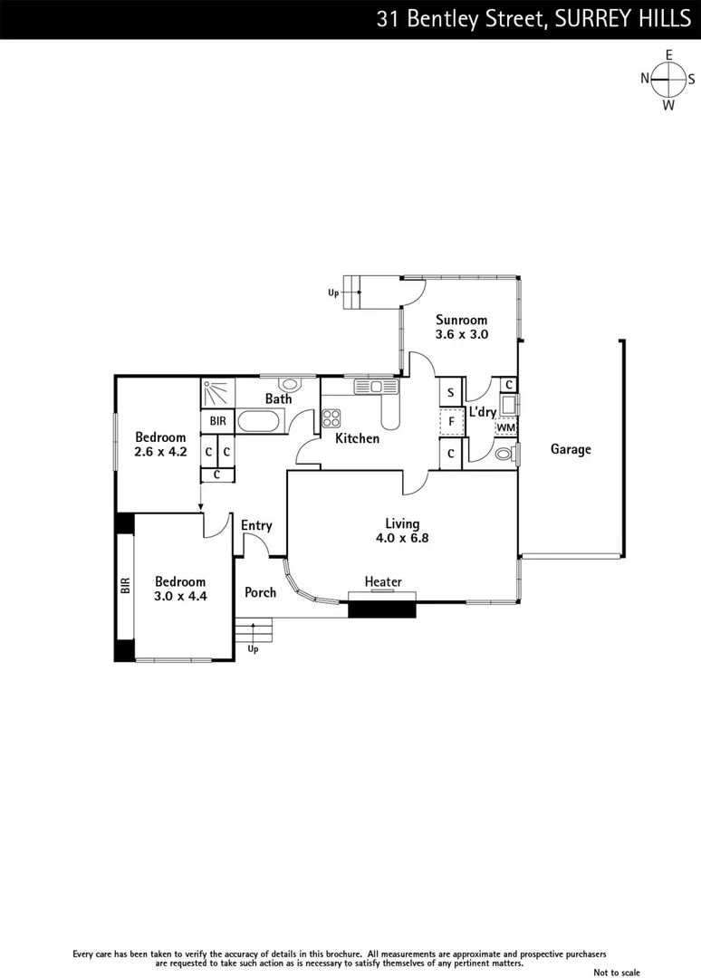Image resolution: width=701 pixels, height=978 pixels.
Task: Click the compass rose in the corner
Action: pyautogui.click(x=668, y=80)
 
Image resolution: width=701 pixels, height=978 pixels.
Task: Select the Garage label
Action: pyautogui.click(x=571, y=449)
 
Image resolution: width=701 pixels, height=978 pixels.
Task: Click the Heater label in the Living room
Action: pyautogui.click(x=383, y=581)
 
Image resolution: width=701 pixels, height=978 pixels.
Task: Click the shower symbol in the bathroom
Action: pyautogui.click(x=217, y=394)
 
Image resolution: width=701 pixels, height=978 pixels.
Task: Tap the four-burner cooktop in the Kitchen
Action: pyautogui.click(x=331, y=418)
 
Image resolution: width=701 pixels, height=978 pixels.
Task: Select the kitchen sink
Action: pyautogui.click(x=370, y=387)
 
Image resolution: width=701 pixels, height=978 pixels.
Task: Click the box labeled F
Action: pyautogui.click(x=451, y=422)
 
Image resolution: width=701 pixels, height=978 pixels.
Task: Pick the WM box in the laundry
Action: pyautogui.click(x=506, y=427)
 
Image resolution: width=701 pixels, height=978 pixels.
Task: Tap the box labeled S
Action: pyautogui.click(x=451, y=393)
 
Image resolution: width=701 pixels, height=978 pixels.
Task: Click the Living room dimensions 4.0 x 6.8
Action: pyautogui.click(x=402, y=538)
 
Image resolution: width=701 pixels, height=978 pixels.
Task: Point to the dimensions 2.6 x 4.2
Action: pyautogui.click(x=160, y=452)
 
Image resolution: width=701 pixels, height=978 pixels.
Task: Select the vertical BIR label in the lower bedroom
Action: pyautogui.click(x=125, y=586)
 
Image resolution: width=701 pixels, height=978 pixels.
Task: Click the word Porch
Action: pyautogui.click(x=261, y=593)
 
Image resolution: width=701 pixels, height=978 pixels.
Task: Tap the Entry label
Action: pyautogui.click(x=256, y=525)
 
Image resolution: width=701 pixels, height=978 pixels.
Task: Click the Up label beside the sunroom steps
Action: pyautogui.click(x=333, y=293)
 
